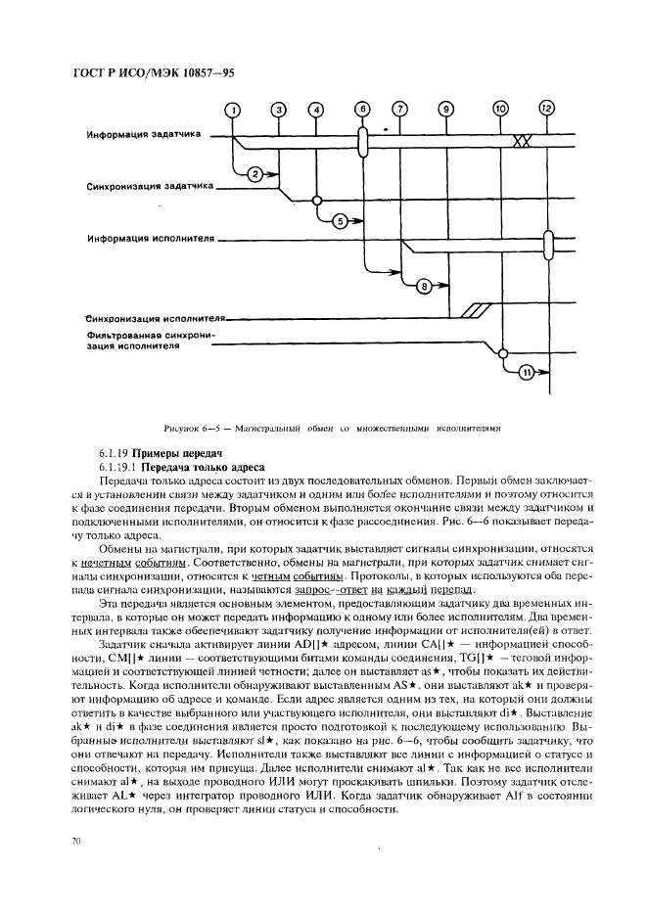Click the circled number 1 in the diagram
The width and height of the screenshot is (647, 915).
click(x=233, y=110)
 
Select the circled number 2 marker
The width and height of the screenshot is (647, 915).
click(x=253, y=174)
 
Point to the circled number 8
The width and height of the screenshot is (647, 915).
click(x=424, y=286)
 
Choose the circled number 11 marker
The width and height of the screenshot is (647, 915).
click(x=526, y=372)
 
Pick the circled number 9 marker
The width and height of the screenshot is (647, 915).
click(x=446, y=110)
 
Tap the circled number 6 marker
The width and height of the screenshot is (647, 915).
click(x=362, y=109)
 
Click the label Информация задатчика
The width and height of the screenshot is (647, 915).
click(x=141, y=135)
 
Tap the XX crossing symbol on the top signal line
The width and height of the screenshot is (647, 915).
click(x=522, y=142)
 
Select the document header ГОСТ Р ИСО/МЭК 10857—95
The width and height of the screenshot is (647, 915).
click(x=154, y=73)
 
